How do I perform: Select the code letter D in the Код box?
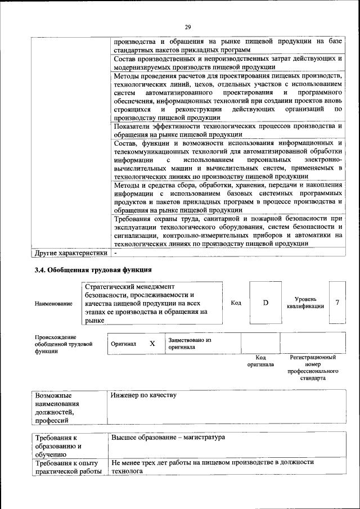[x=266, y=303]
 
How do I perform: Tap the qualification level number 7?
[x=337, y=303]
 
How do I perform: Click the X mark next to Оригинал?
[x=152, y=343]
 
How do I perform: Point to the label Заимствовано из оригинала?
[x=189, y=344]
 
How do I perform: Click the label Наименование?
[x=53, y=304]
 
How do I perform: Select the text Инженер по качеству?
[x=144, y=395]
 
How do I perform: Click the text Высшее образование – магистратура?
[x=168, y=437]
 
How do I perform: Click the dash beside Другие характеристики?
[x=114, y=253]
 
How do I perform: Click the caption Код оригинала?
[x=260, y=361]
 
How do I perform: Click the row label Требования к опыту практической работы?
[x=68, y=467]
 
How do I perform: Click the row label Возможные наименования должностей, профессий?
[x=57, y=407]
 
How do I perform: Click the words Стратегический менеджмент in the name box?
[x=130, y=286]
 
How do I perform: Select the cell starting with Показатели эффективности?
[x=227, y=130]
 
